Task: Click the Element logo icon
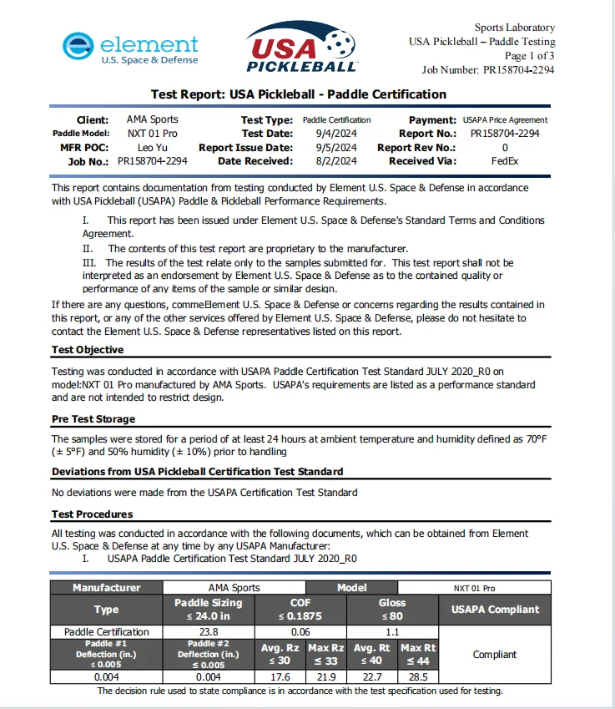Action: click(x=78, y=48)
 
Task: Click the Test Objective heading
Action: click(x=88, y=350)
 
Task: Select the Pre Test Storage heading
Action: click(x=93, y=419)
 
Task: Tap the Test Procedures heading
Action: click(x=93, y=514)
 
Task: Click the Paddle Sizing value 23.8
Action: click(x=209, y=632)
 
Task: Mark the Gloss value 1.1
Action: click(x=392, y=632)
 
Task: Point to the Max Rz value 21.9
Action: click(x=326, y=677)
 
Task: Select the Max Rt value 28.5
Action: click(x=418, y=677)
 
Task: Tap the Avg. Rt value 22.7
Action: click(x=372, y=677)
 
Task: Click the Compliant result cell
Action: click(x=495, y=655)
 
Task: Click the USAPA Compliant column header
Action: click(x=495, y=610)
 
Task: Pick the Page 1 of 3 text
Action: click(x=529, y=56)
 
